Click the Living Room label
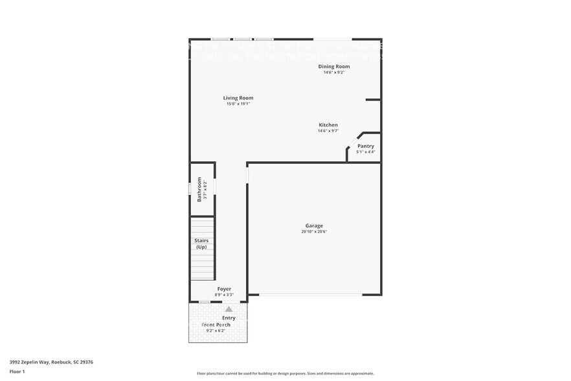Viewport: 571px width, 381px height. pos(238,98)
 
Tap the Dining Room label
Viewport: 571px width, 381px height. pos(333,66)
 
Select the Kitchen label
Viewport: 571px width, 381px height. pos(328,125)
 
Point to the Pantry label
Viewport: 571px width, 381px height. pos(365,146)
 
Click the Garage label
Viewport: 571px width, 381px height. pos(314,225)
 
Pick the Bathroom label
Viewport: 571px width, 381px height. pos(199,189)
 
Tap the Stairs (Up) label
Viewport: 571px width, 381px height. pos(201,244)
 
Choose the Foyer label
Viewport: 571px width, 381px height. pos(224,289)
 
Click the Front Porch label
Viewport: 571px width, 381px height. pos(216,325)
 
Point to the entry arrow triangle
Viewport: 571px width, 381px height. pos(228,309)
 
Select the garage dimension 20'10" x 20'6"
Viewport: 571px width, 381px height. pos(314,232)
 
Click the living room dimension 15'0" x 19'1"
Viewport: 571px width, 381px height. pos(238,104)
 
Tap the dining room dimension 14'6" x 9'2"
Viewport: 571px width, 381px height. pos(333,72)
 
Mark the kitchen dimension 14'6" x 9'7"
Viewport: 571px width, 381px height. pos(328,131)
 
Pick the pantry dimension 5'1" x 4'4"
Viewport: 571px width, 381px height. pos(365,152)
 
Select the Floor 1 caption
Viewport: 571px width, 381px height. pos(17,371)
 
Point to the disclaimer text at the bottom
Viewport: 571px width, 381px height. pos(285,373)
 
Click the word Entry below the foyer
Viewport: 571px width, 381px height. pos(229,317)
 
